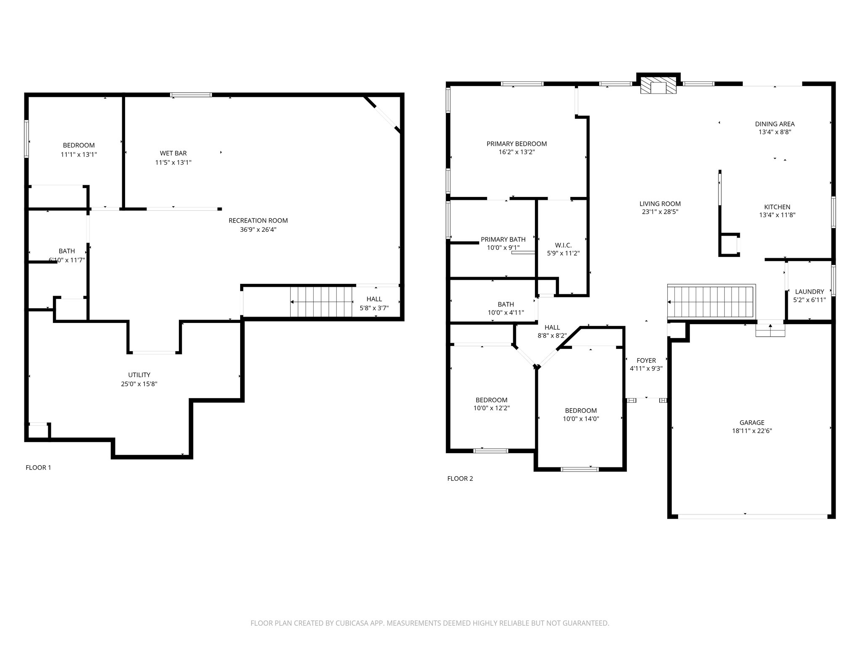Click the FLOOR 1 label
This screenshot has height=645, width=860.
point(38,467)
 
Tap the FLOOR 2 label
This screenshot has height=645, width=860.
point(460,478)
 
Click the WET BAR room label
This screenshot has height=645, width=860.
point(173,153)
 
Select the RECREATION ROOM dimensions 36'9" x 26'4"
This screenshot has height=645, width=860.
point(258,230)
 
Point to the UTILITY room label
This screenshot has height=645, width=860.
point(139,375)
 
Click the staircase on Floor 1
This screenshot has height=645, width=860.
point(322,302)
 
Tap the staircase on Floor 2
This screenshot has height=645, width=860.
point(711,302)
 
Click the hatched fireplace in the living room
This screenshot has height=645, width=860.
point(658,87)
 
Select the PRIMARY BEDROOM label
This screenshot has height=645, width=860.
point(517,144)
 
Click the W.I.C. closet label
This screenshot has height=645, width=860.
point(563,245)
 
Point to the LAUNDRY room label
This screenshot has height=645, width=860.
point(810,291)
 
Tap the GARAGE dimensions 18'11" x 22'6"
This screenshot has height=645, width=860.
point(752,431)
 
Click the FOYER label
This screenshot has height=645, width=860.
point(646,360)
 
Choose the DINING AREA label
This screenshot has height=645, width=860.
point(775,124)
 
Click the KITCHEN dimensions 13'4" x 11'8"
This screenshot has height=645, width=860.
point(777,215)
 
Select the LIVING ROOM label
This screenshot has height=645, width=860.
point(660,204)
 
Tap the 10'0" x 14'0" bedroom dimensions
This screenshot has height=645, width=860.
point(581,419)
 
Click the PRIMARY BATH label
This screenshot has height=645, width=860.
point(503,239)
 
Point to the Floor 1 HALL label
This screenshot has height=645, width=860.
point(374,299)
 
